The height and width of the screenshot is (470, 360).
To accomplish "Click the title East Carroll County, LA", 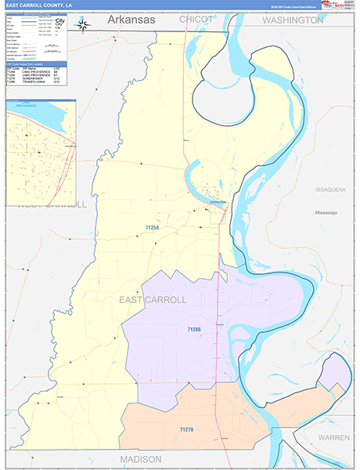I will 39,5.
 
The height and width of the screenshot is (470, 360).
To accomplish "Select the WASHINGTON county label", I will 293,20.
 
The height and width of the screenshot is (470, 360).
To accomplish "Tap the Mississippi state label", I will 326,212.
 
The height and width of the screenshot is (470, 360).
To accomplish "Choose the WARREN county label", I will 334,437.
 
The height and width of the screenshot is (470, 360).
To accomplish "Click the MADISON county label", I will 141,458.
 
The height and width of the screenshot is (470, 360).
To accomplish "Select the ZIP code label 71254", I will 153,228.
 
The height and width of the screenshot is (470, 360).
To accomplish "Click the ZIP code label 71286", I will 194,330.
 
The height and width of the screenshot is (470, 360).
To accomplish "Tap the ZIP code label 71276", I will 186,429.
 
